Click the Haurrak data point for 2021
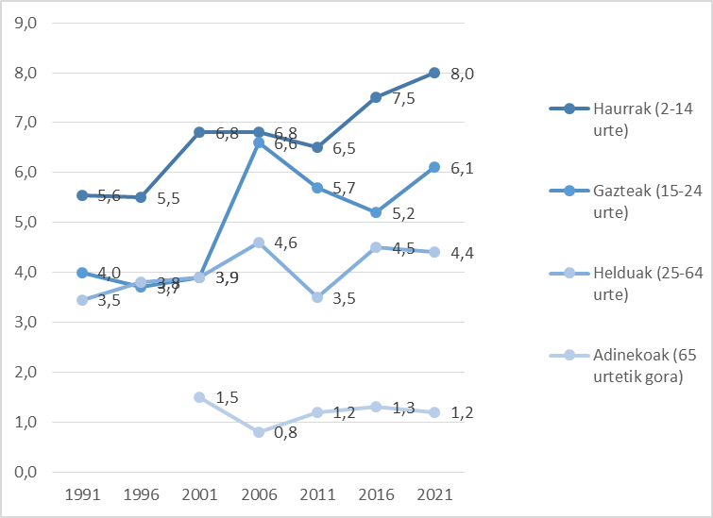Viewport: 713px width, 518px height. [x=434, y=73]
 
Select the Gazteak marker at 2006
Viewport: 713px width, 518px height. [x=258, y=142]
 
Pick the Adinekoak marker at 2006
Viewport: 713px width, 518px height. [x=258, y=432]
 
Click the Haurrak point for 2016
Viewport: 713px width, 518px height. [x=376, y=97]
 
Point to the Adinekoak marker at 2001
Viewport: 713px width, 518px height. [x=199, y=397]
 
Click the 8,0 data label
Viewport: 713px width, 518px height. [x=461, y=74]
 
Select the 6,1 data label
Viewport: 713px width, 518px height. [x=461, y=168]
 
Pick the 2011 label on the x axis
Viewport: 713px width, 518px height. [x=316, y=494]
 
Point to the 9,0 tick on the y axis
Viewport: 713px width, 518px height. [x=23, y=23]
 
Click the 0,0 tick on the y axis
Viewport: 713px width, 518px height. [x=23, y=472]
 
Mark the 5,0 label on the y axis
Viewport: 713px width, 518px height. [x=23, y=223]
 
